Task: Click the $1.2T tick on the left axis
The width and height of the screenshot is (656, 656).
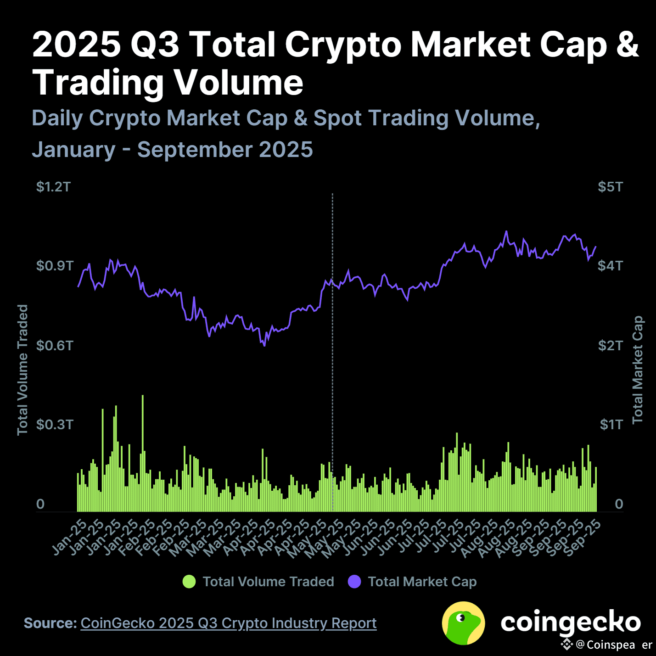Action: [54, 187]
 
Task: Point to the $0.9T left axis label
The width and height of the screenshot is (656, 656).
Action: [55, 266]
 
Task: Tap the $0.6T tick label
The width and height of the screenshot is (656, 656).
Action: [55, 345]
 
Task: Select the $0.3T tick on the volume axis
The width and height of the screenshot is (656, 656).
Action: [55, 424]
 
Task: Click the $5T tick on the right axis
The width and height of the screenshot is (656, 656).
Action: [610, 187]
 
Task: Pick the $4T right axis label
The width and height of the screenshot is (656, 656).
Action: [610, 266]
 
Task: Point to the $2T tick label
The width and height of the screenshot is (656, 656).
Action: [610, 345]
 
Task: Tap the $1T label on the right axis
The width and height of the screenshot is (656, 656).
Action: [611, 424]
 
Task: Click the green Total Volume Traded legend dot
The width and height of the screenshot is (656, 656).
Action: [189, 582]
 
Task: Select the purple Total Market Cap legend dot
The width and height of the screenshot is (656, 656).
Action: [354, 582]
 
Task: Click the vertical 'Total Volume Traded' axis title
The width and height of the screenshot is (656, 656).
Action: [22, 370]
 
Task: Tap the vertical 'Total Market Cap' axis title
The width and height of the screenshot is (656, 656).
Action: [638, 370]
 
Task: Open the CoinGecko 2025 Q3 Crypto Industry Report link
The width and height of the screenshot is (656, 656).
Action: [229, 623]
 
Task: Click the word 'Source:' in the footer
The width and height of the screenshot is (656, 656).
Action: [50, 623]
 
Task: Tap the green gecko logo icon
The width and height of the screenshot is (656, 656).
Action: [463, 623]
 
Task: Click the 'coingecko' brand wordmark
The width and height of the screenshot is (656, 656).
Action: [570, 622]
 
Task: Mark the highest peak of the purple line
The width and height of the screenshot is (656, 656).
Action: [506, 231]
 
